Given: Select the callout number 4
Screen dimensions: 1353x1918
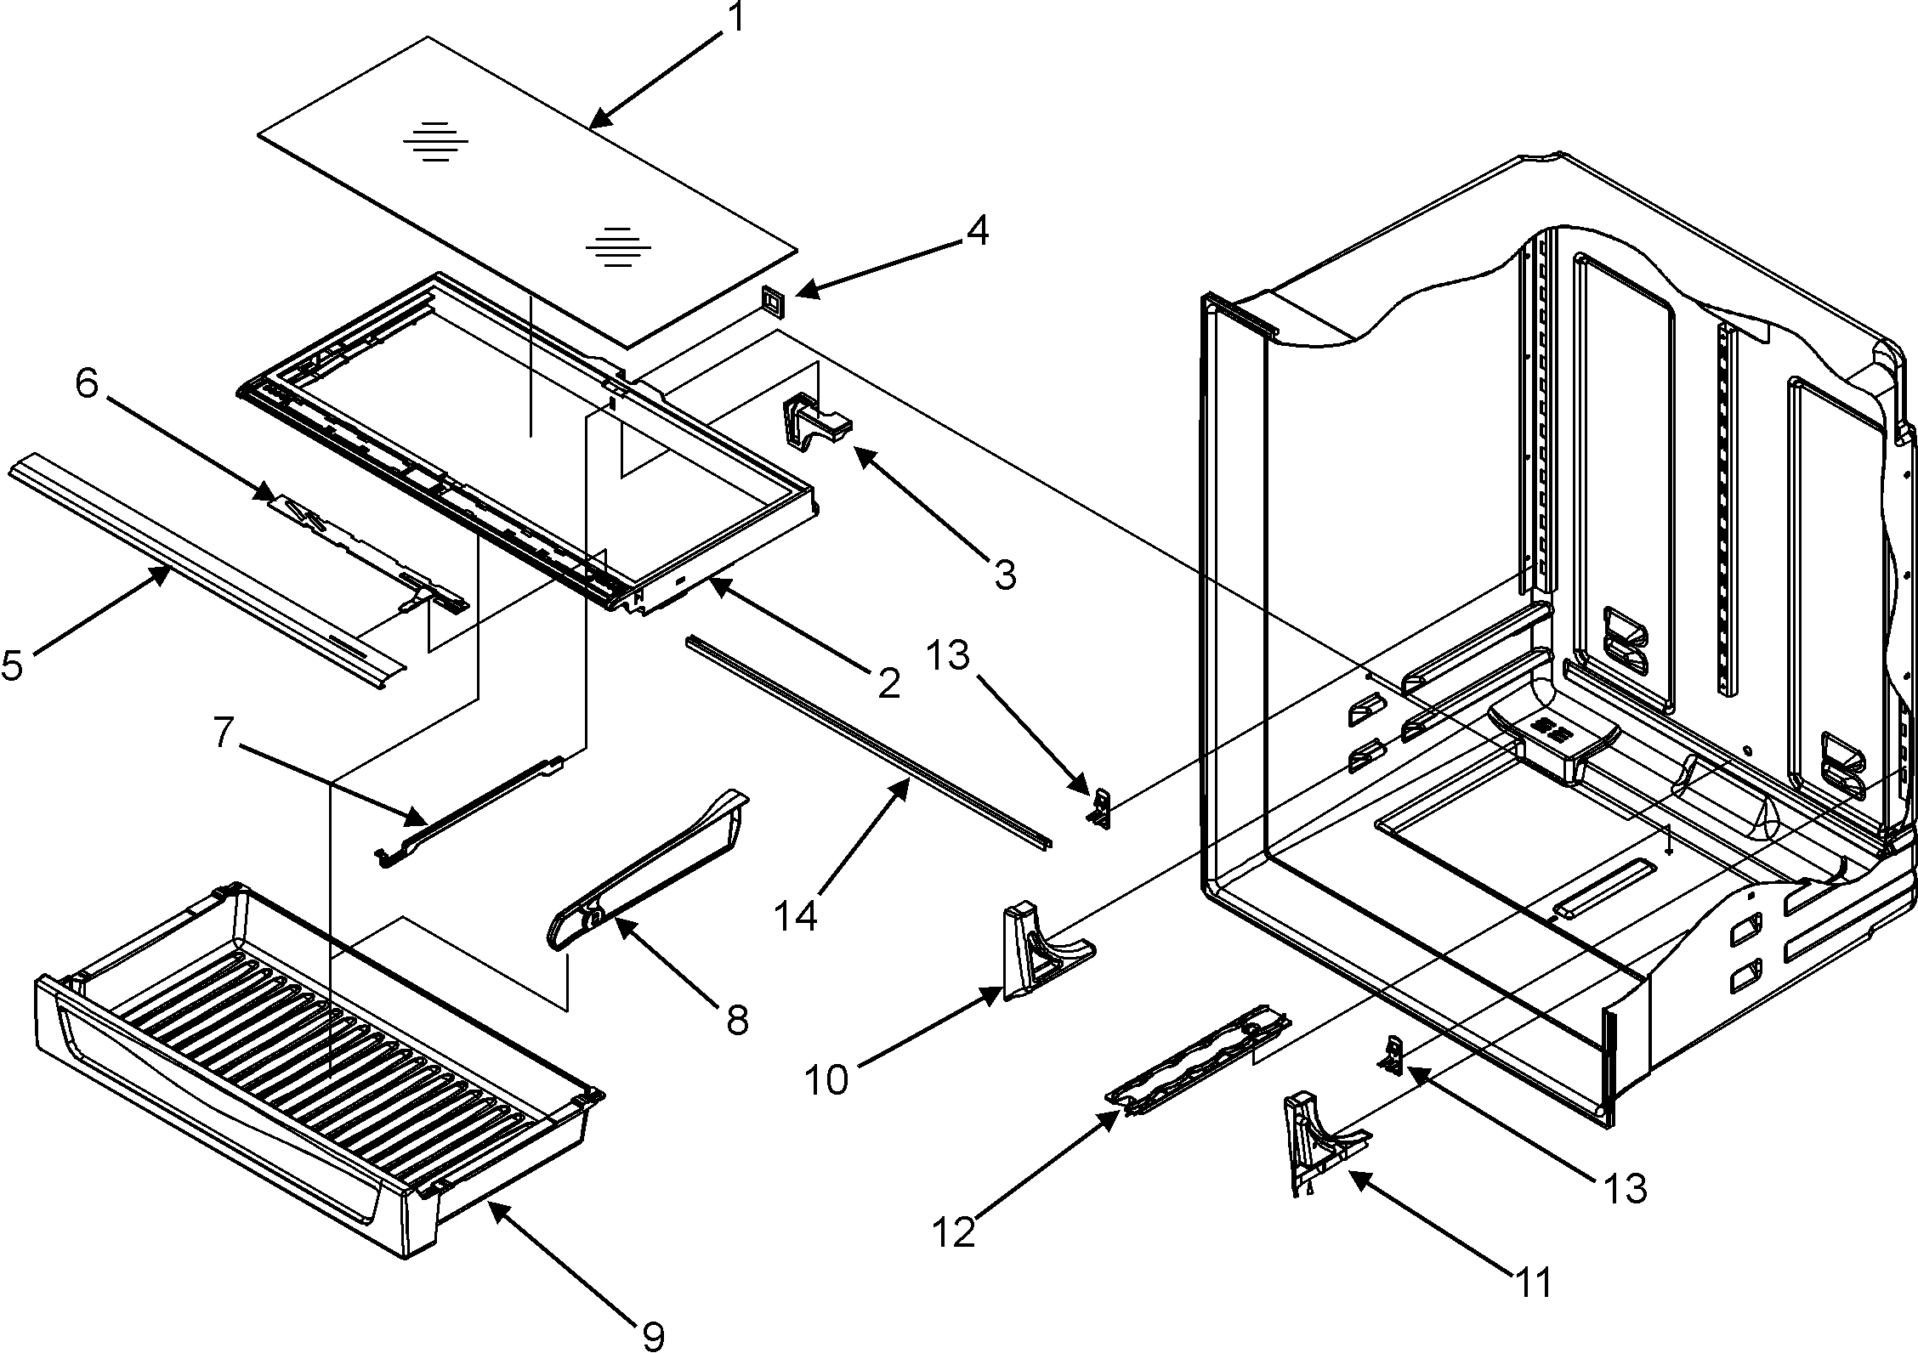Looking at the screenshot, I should (x=978, y=230).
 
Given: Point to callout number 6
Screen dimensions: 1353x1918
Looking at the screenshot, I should (x=87, y=384).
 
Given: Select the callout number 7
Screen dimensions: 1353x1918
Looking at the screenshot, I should (x=223, y=733).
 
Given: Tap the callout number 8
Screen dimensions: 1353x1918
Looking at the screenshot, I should (x=737, y=1019).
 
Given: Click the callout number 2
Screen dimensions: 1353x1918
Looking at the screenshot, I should (x=888, y=682).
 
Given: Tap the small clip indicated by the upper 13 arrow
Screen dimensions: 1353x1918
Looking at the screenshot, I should (x=1100, y=807).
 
